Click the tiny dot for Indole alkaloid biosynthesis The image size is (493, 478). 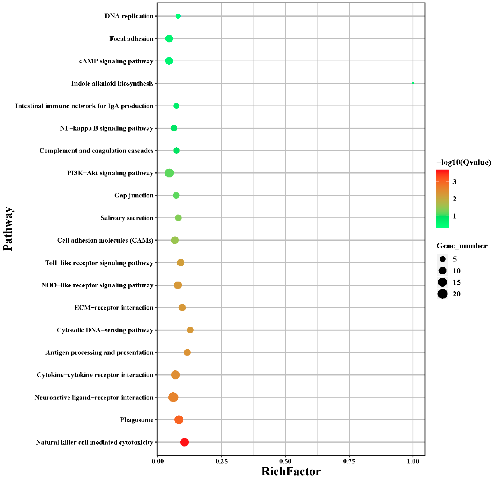coord(413,83)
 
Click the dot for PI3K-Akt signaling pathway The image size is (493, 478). coord(169,173)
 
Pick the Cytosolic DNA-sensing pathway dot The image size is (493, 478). coord(190,330)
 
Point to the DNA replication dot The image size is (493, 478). coord(178,16)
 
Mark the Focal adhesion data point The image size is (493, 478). coord(169,38)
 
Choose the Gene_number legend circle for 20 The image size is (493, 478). coord(442,294)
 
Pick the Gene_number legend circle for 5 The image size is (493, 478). coord(442,259)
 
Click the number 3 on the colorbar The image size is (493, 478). coord(454,182)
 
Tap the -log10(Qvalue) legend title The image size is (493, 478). coord(463,162)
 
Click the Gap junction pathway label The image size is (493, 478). coord(134,195)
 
